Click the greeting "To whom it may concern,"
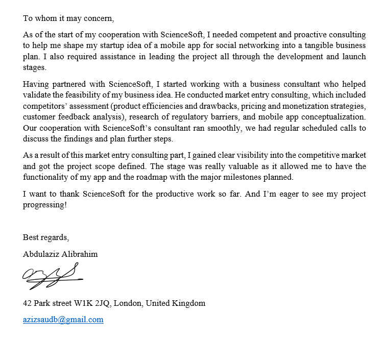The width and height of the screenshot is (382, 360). [x=68, y=18]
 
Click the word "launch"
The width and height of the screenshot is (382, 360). [x=354, y=56]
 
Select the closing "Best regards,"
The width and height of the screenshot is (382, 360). [x=45, y=237]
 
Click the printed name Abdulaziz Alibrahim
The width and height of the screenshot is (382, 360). [x=60, y=254]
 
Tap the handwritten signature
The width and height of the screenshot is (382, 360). [x=51, y=276]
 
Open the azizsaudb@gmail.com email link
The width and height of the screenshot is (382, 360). [x=63, y=320]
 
